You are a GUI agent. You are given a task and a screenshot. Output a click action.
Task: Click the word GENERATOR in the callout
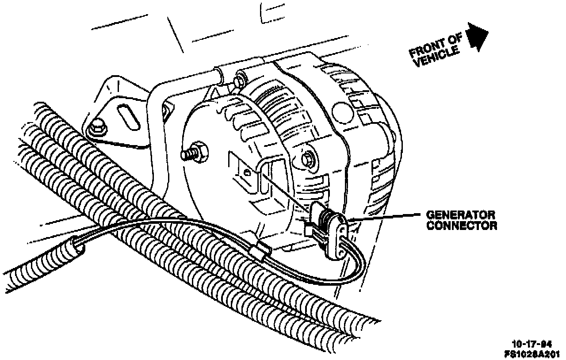tap(460, 215)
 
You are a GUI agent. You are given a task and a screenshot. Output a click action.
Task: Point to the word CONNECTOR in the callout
tap(462, 226)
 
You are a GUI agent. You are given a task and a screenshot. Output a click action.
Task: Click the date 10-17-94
tap(532, 344)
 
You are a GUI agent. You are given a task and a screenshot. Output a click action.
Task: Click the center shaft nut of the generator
tap(308, 158)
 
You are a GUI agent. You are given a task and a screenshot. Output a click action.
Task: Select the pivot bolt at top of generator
tap(240, 80)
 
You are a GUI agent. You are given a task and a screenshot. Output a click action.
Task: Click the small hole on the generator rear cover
tap(247, 173)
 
